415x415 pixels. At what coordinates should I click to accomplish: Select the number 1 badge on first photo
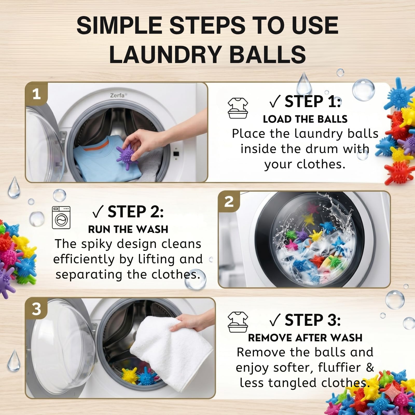pyautogui.click(x=37, y=94)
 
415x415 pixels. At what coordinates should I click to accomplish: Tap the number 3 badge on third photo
pyautogui.click(x=36, y=309)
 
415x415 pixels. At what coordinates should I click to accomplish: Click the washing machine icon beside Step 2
pyautogui.click(x=61, y=218)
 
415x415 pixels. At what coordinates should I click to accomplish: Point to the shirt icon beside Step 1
pyautogui.click(x=238, y=108)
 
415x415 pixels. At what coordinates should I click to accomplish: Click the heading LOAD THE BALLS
pyautogui.click(x=305, y=119)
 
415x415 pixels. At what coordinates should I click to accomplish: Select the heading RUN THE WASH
pyautogui.click(x=128, y=229)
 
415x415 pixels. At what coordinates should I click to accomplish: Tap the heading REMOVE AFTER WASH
pyautogui.click(x=305, y=338)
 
